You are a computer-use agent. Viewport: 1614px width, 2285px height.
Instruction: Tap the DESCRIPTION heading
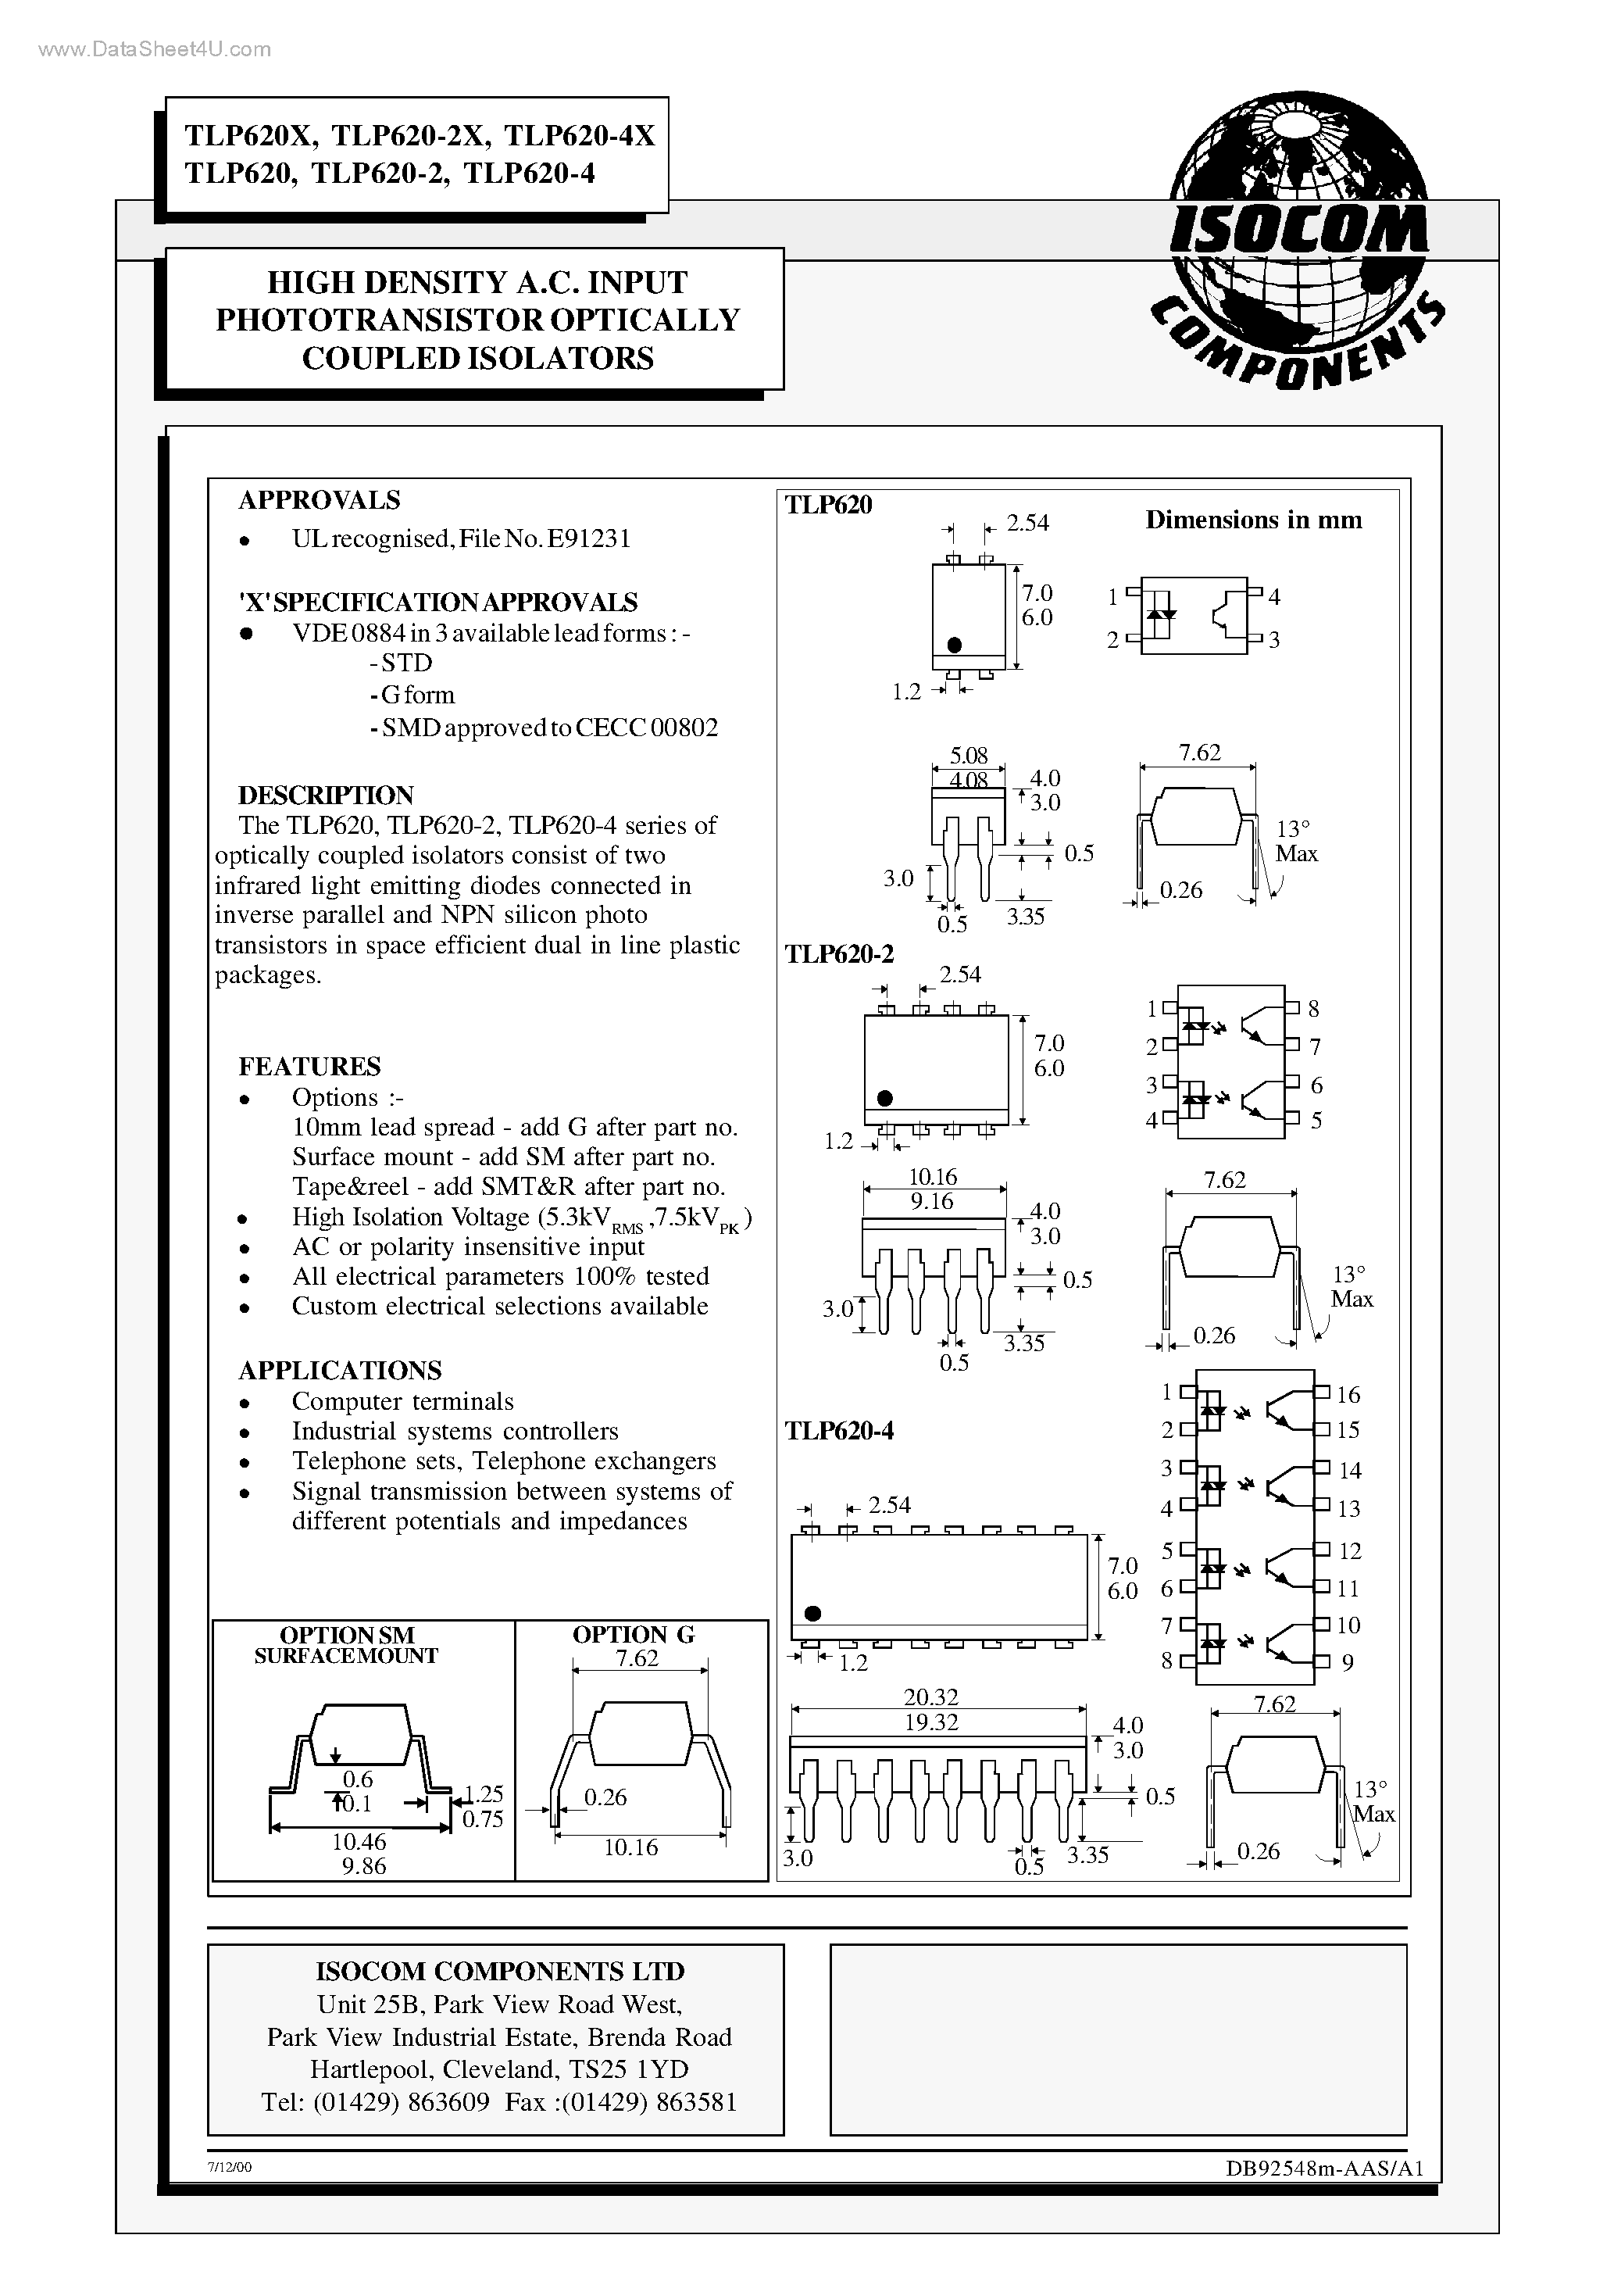click(326, 796)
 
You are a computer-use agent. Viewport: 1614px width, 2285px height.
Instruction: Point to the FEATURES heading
click(309, 1067)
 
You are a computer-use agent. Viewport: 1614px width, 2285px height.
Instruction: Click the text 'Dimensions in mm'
click(1253, 520)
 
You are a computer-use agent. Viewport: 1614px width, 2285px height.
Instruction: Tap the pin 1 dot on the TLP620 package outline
click(955, 645)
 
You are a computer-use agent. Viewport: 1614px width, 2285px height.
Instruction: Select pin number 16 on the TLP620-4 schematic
click(1348, 1394)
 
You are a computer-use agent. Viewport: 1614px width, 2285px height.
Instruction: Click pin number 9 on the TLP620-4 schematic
click(1348, 1662)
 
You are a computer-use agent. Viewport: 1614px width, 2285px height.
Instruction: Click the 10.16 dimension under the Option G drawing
click(631, 1847)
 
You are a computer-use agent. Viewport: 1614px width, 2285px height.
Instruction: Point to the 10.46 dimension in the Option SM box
click(359, 1842)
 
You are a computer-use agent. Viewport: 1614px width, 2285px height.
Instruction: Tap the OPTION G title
click(633, 1635)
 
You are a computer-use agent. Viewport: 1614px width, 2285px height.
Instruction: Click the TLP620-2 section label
click(839, 954)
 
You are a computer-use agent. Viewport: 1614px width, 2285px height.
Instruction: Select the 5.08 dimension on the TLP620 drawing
click(968, 756)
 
